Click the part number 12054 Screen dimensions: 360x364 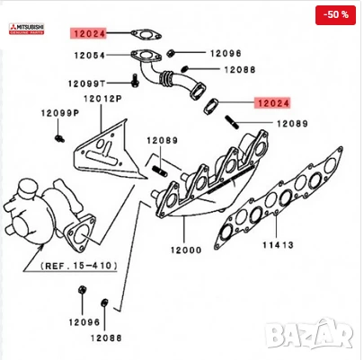(x=90, y=57)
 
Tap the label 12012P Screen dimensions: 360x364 (x=102, y=98)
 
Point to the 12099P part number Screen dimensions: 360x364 (x=59, y=113)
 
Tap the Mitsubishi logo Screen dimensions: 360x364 (x=26, y=28)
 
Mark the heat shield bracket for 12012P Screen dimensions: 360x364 (x=102, y=149)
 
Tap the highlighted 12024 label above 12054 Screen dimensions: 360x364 (x=89, y=34)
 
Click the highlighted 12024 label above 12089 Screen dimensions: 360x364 (x=272, y=103)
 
